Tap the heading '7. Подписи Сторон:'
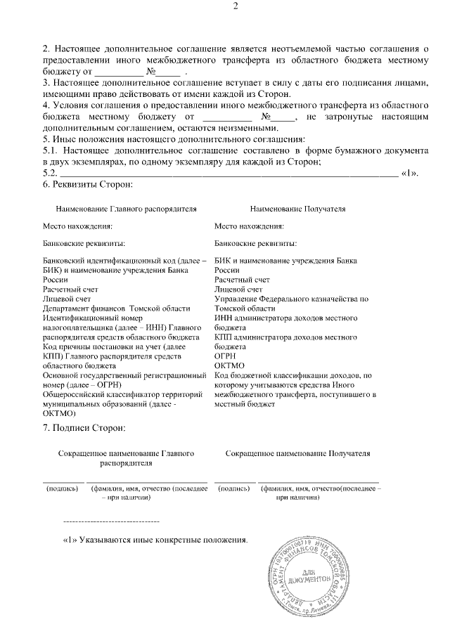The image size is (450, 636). point(84,427)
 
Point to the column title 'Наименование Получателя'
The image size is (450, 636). point(297,209)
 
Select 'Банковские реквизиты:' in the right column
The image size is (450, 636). point(255,244)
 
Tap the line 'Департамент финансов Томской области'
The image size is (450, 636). point(116,309)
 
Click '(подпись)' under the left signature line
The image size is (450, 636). point(62,488)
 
